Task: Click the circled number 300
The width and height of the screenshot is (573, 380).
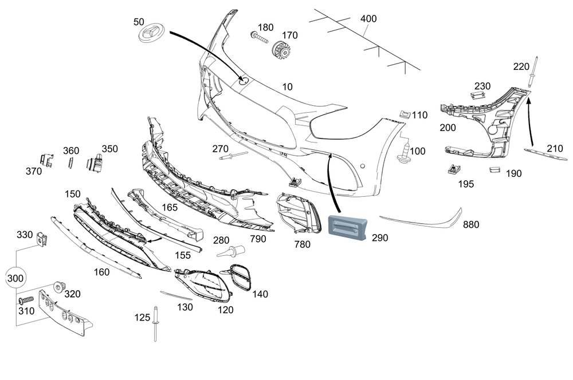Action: [x=16, y=279]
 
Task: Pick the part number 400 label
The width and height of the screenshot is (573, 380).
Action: [x=368, y=19]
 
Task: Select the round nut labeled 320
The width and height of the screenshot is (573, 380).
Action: [x=58, y=286]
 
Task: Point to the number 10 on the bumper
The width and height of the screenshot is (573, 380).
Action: [x=288, y=86]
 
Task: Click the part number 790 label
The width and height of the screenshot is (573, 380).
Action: [x=258, y=239]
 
